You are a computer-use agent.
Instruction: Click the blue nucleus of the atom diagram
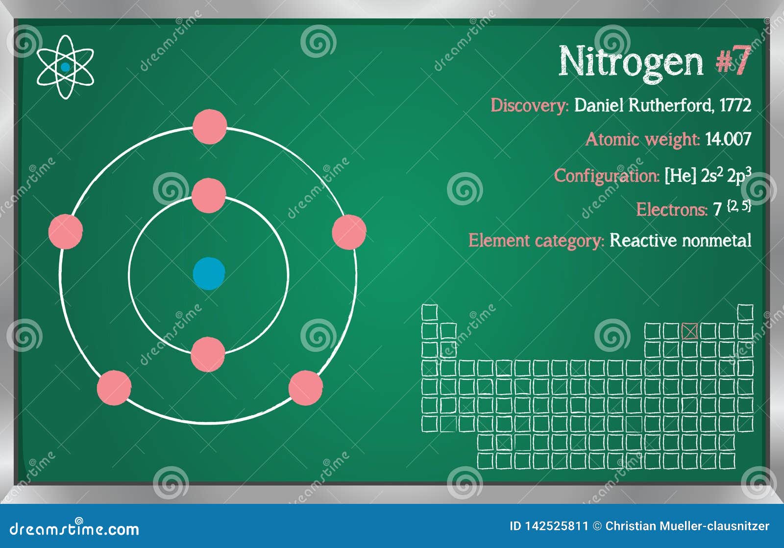coord(209,274)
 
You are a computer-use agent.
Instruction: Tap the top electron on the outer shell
coord(210,127)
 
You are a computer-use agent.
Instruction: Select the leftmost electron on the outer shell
coord(66,231)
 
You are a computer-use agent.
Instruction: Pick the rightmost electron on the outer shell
coord(349,232)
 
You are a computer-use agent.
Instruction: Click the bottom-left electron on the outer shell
coord(114,388)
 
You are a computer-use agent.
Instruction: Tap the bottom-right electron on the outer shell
coord(306,388)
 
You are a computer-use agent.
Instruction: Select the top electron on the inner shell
coord(209,196)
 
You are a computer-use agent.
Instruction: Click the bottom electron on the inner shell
coord(208,354)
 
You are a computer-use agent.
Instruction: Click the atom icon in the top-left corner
coord(65,67)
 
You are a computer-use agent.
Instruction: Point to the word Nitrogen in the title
coord(631,62)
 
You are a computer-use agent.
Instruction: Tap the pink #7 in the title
coord(733,61)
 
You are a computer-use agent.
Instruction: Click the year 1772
coord(735,105)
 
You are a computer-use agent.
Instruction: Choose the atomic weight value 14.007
coord(728,140)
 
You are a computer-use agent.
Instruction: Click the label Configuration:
coord(607,175)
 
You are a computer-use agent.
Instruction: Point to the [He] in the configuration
coord(680,175)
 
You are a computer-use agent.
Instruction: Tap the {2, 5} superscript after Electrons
coord(739,206)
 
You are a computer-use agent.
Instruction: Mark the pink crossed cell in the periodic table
coord(689,331)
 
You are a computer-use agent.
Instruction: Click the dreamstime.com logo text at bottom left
coord(74,528)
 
